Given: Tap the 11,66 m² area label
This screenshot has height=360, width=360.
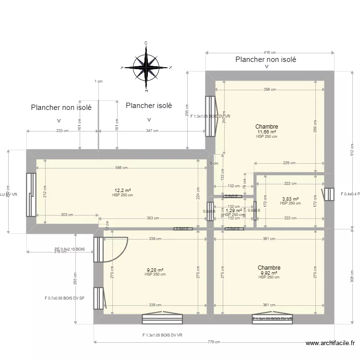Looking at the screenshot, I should tap(266, 132).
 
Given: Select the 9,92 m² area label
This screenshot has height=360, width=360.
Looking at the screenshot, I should tap(269, 273).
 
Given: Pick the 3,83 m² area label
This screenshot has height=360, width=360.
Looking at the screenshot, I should tap(290, 199).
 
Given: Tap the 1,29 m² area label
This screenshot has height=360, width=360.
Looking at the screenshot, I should tap(234, 210).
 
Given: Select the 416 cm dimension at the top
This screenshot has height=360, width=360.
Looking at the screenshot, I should tap(270, 53).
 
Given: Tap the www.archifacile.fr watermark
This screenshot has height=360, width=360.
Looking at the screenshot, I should tap(331, 343).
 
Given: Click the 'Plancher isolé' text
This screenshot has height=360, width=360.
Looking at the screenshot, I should tap(148, 106).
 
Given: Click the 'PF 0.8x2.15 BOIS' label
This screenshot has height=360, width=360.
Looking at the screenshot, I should tap(70, 249).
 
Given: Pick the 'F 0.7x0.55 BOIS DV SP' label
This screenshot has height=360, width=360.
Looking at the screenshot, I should tap(64, 298).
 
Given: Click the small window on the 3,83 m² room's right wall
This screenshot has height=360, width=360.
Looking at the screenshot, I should tap(329, 194).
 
